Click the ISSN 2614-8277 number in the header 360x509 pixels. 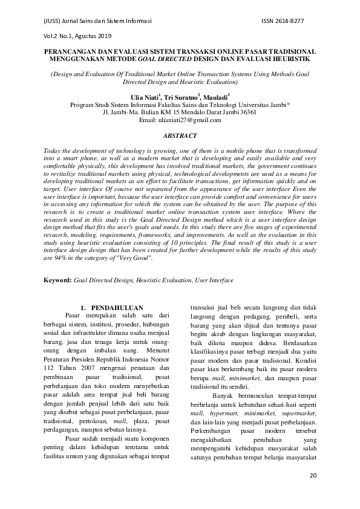coord(283,21)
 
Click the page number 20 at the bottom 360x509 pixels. coord(313,476)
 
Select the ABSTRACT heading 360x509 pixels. coord(180,137)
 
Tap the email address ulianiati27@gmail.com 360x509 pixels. coord(180,120)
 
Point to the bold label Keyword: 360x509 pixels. coord(58,281)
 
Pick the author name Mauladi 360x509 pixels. coord(216,96)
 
